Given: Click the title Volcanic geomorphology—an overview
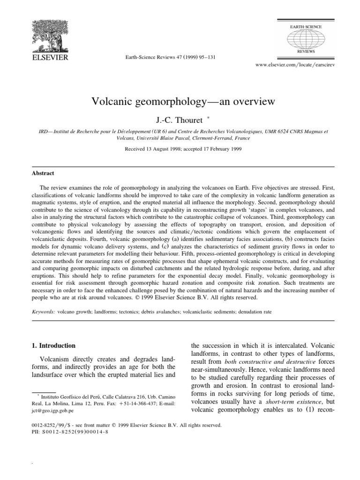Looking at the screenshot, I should coord(180,102).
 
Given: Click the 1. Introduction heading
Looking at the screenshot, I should coord(52,345).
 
